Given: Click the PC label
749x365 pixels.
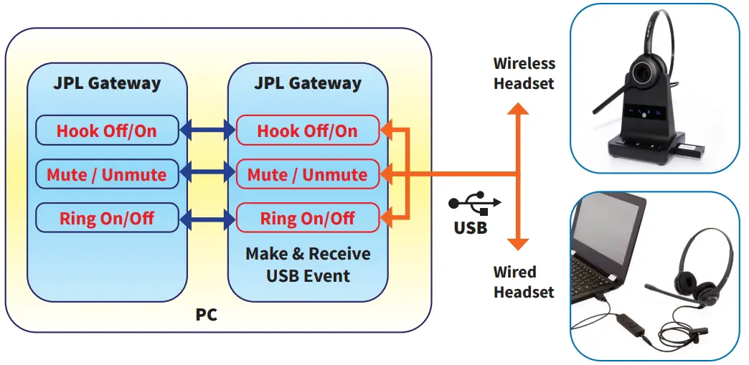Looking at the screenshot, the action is [x=207, y=316].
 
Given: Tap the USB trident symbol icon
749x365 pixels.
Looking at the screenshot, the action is [x=475, y=202].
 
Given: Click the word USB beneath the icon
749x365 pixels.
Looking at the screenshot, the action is [x=471, y=228].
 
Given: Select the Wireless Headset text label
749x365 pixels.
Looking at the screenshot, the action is [x=524, y=73].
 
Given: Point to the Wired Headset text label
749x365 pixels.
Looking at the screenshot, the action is [x=524, y=282].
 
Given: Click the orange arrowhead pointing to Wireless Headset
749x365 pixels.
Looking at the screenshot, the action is [x=517, y=108].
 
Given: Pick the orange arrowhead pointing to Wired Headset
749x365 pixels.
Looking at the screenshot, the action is [x=517, y=244].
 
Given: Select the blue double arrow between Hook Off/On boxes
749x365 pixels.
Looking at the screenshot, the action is [x=208, y=130].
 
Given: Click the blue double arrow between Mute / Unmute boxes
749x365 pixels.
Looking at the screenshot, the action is [x=208, y=174].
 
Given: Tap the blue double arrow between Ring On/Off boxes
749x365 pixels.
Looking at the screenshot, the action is [x=208, y=219].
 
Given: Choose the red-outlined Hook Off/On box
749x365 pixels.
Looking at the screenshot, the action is [x=308, y=130].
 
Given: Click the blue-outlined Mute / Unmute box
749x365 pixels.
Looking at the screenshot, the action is [x=107, y=174].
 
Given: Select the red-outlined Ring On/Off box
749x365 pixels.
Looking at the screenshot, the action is [x=308, y=218].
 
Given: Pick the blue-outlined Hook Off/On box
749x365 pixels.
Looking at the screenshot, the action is [x=107, y=130].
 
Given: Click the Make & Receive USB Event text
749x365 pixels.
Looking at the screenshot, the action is [x=308, y=264].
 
